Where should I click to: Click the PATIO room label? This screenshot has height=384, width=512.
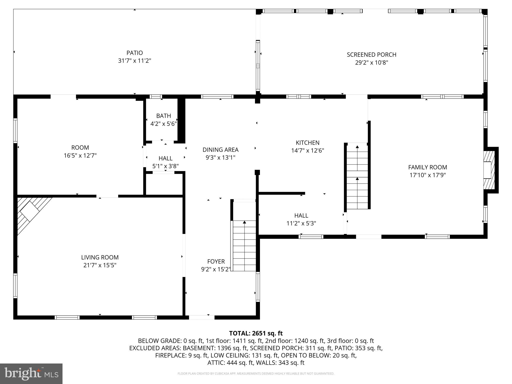(x=134, y=53)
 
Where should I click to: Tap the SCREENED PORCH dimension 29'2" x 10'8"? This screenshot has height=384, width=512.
(x=371, y=62)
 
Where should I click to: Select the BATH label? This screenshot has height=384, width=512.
(x=163, y=116)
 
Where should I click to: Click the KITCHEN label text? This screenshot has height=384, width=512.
(x=307, y=143)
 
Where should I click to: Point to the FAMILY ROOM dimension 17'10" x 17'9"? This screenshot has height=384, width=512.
(x=427, y=175)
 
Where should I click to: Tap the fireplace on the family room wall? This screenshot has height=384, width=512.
(x=488, y=170)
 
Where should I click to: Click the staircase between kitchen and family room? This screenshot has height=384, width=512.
(x=357, y=176)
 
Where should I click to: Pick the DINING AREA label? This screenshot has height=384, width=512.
(x=220, y=150)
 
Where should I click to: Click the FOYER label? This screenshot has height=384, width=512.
(x=216, y=261)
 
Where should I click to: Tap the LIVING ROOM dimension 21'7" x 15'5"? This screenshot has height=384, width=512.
(x=100, y=265)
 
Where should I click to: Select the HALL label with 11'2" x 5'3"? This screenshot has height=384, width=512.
(x=301, y=215)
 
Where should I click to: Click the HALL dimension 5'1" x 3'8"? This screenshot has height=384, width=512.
(x=165, y=166)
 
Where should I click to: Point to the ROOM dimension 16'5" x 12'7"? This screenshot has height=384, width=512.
(x=80, y=155)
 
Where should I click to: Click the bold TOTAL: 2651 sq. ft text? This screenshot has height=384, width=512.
(x=256, y=333)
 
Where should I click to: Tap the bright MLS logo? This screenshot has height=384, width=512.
(x=31, y=373)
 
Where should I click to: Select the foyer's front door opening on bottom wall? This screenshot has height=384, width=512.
(x=201, y=317)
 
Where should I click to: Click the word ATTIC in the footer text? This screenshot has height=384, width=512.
(x=214, y=362)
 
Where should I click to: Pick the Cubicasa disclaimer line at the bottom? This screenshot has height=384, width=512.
(x=256, y=373)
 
